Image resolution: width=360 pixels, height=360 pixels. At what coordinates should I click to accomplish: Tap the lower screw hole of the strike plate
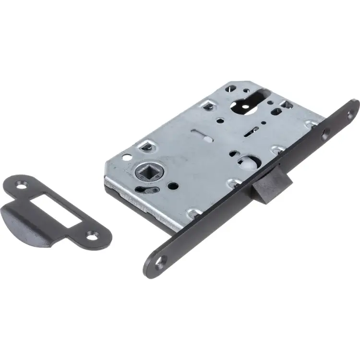click(93, 235)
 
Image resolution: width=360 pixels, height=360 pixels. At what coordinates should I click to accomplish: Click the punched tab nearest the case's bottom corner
click(194, 212)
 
